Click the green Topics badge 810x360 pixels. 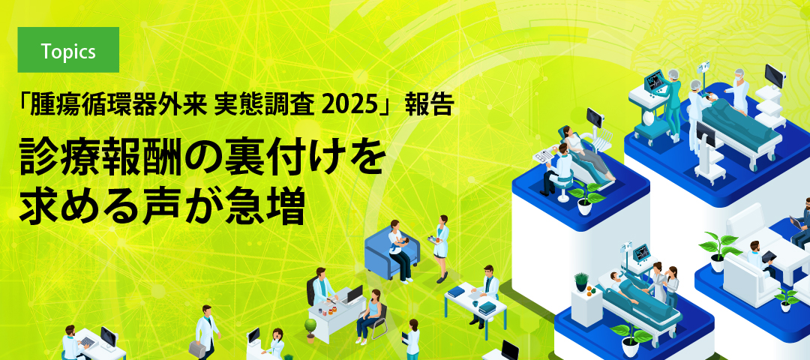pyautogui.click(x=68, y=50)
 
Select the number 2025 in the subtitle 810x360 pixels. pyautogui.click(x=352, y=106)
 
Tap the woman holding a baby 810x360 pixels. pyautogui.click(x=397, y=247)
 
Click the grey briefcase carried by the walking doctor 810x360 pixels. pyautogui.click(x=195, y=349)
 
